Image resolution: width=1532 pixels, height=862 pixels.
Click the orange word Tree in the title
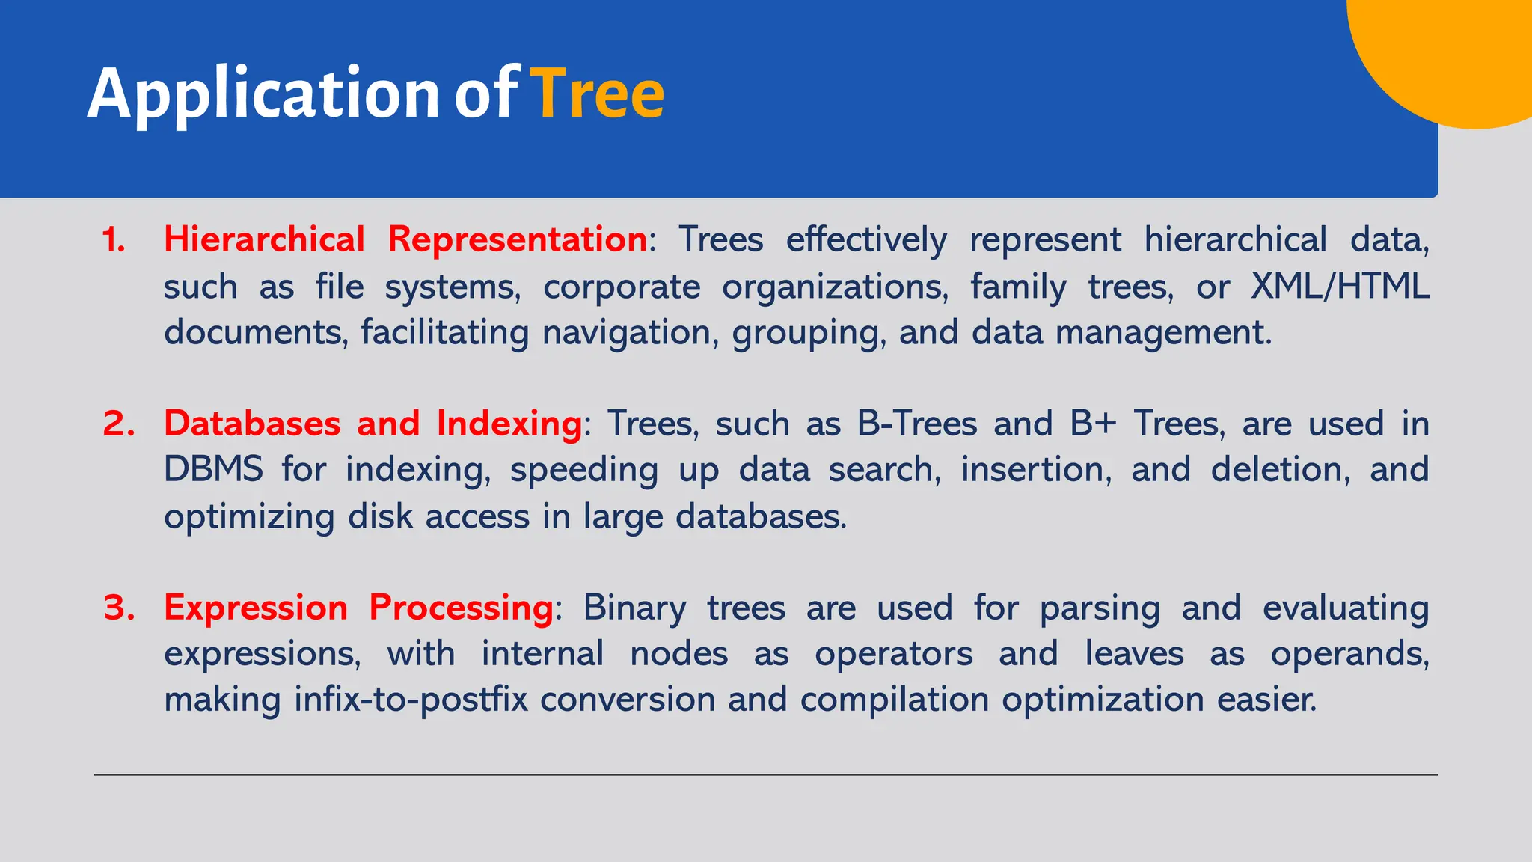pyautogui.click(x=597, y=94)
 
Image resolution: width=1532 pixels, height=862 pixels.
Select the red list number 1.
pyautogui.click(x=114, y=240)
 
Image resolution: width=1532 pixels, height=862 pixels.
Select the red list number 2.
pyautogui.click(x=118, y=424)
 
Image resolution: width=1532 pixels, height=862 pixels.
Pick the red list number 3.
pyautogui.click(x=119, y=607)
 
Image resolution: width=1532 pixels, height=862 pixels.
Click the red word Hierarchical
pyautogui.click(x=264, y=240)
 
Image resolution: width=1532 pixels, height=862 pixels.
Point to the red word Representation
pyautogui.click(x=517, y=240)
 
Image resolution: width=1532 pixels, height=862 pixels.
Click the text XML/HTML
pyautogui.click(x=1340, y=287)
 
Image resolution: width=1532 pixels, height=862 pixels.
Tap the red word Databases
pyautogui.click(x=252, y=424)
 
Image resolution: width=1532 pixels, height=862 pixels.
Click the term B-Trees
pyautogui.click(x=917, y=424)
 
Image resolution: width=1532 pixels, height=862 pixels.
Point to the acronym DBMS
pyautogui.click(x=213, y=470)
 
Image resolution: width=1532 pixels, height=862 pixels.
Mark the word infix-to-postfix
pyautogui.click(x=411, y=700)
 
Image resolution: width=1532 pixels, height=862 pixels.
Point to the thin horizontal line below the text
pyautogui.click(x=765, y=775)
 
